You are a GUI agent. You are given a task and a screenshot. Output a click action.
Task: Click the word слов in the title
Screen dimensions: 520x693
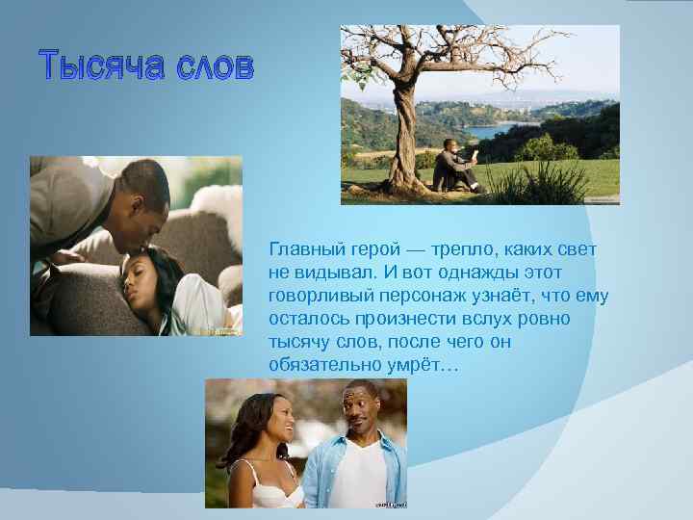pos(213,67)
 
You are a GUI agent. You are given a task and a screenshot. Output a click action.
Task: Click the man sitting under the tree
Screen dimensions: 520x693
pos(453,164)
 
